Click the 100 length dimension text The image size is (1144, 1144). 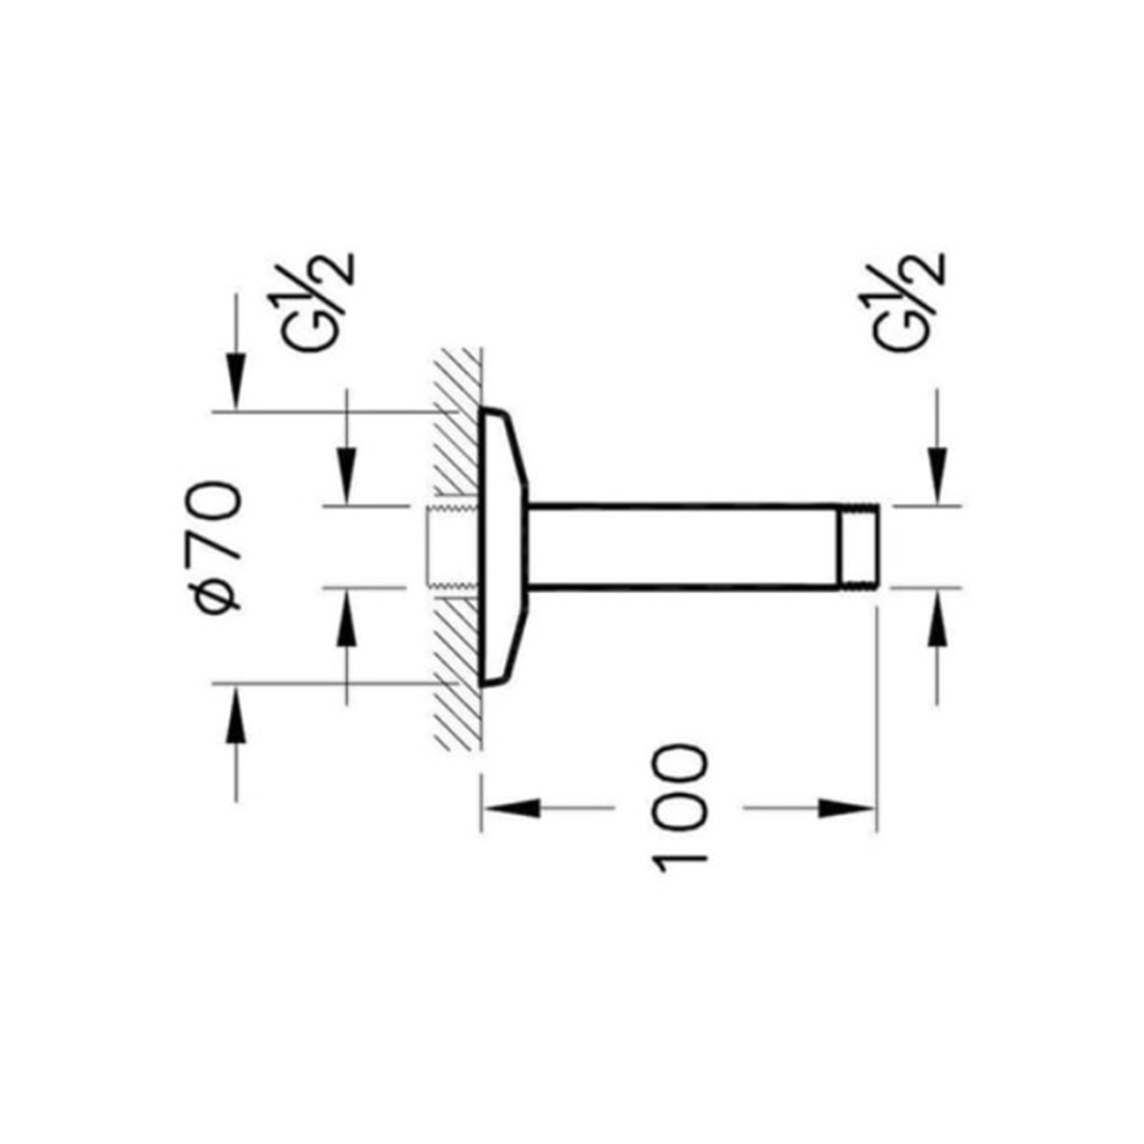[680, 808]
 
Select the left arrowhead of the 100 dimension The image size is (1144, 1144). [511, 808]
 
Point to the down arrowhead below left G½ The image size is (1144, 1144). [347, 476]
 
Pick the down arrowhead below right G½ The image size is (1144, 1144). [937, 476]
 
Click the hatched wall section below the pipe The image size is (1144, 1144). [458, 671]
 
